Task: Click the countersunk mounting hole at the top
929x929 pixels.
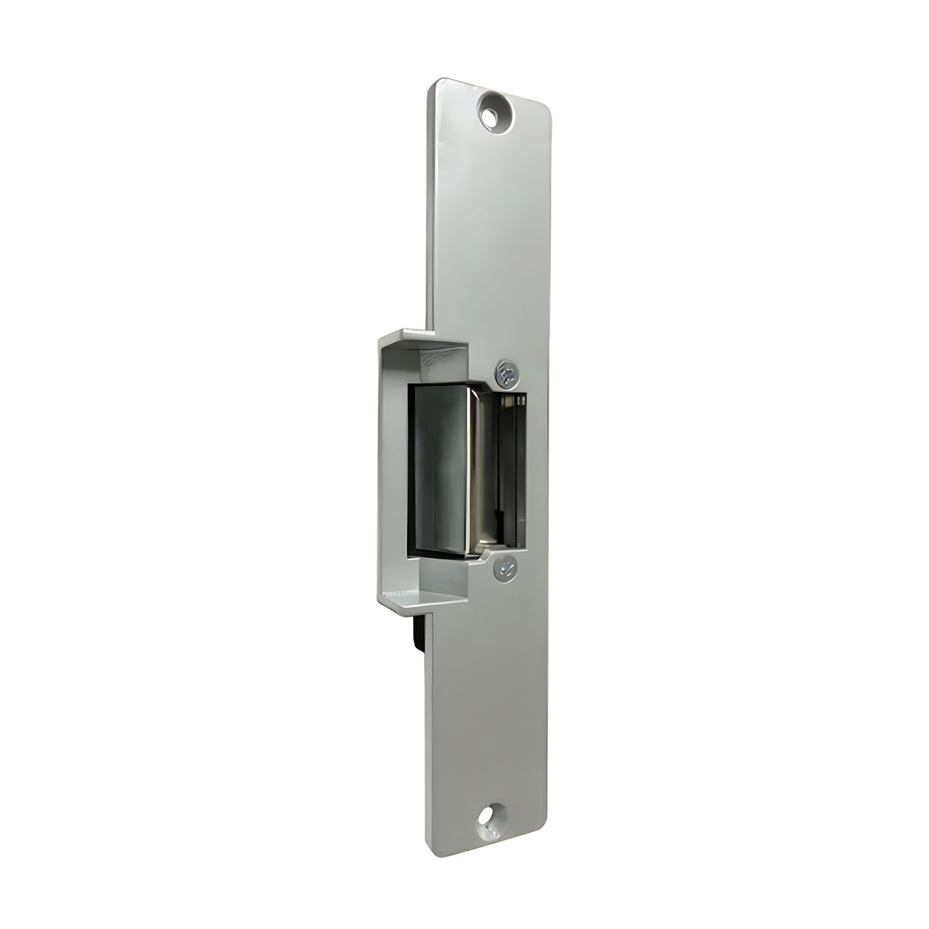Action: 495,109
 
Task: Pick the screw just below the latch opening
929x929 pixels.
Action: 504,566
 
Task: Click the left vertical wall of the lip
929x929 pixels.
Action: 387,467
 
